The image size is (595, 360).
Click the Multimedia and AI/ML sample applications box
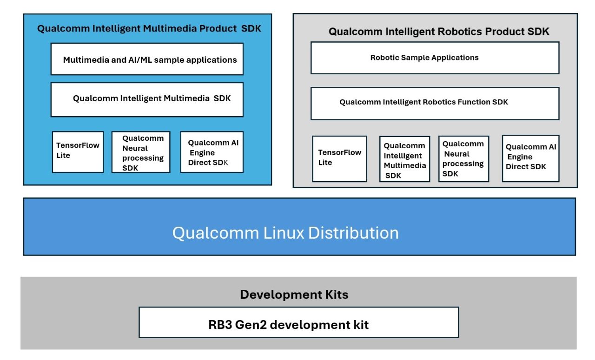(147, 59)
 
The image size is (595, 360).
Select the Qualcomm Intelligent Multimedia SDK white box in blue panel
(147, 99)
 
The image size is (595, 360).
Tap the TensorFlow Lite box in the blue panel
(78, 151)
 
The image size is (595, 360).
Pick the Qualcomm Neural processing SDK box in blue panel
(141, 152)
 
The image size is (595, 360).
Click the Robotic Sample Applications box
(435, 58)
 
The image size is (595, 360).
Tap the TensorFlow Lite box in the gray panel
(339, 158)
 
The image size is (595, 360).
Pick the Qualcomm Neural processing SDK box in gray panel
(463, 158)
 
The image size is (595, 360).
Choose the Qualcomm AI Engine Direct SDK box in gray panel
(530, 158)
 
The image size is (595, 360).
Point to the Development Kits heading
(294, 295)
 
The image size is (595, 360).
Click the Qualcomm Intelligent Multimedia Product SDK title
(149, 29)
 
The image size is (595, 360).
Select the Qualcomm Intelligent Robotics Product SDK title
(438, 32)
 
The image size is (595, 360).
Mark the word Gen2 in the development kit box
(251, 325)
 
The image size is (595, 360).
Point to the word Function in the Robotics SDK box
(474, 102)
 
